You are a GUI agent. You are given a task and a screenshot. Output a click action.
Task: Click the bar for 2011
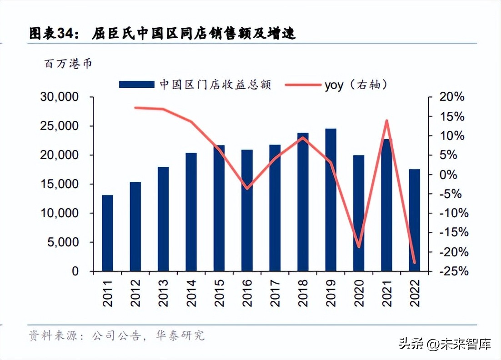[x=107, y=233]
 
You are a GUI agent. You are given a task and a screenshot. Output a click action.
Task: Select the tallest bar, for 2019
[x=331, y=200]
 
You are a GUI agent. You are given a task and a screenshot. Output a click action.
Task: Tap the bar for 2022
[x=414, y=220]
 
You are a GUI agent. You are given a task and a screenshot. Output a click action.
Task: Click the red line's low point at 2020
[x=359, y=247]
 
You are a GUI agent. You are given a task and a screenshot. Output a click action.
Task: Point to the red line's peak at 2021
[x=387, y=121]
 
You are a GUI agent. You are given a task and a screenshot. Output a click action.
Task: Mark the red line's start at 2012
[x=135, y=108]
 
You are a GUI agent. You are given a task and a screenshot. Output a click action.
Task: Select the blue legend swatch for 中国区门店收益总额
[x=136, y=85]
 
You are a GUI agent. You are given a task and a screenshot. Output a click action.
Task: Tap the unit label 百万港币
[x=68, y=64]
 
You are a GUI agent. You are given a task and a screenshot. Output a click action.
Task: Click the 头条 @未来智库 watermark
[x=445, y=344]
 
